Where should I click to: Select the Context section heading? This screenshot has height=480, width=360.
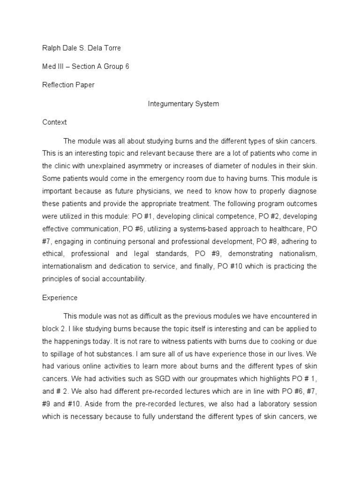[x=54, y=122]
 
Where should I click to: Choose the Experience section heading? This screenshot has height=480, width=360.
[x=60, y=298]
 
